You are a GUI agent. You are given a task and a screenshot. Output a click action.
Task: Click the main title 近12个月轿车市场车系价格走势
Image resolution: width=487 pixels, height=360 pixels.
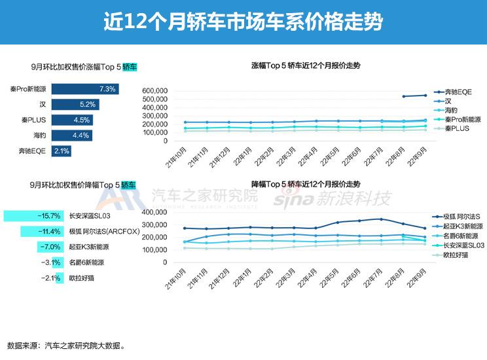pyautogui.click(x=243, y=22)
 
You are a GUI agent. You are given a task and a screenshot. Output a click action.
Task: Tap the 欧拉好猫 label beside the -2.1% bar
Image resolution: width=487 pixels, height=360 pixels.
pyautogui.click(x=82, y=278)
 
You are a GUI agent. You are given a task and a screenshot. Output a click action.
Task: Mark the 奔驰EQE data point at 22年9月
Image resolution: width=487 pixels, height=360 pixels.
pyautogui.click(x=425, y=96)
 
